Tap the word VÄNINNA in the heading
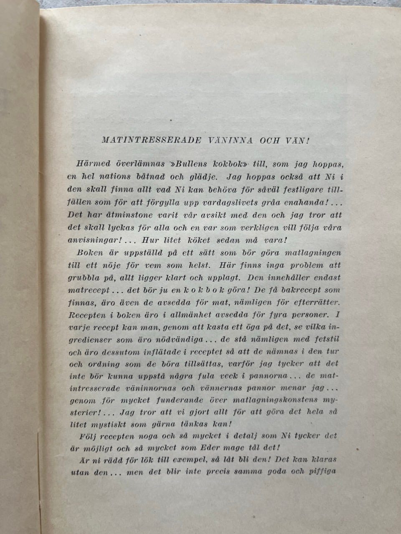point(231,140)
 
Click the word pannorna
point(267,375)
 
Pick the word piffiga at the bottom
point(321,472)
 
